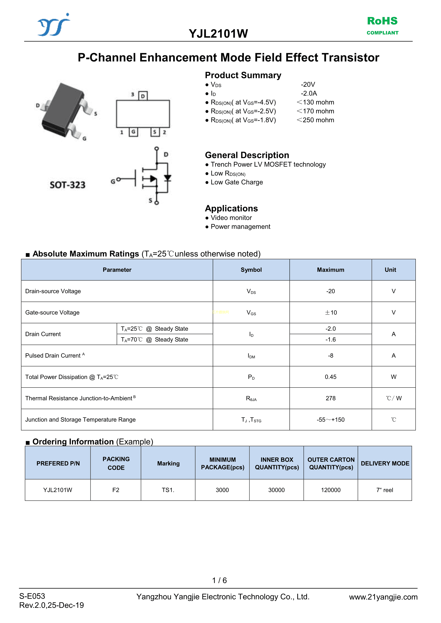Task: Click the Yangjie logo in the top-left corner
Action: pos(53,25)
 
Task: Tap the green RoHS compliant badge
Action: pos(382,25)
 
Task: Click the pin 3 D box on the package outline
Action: pos(143,96)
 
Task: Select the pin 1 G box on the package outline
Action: pos(133,132)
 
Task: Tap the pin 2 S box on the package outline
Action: pos(155,132)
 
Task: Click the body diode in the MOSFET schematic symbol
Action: pos(167,178)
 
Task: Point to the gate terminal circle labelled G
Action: pos(118,179)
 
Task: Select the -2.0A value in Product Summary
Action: pos(309,93)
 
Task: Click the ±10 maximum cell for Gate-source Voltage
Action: pos(331,312)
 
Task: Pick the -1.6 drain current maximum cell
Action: pos(331,340)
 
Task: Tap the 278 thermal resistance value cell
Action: pos(331,398)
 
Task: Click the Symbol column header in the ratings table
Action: pos(251,270)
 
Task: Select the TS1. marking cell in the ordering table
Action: pos(168,490)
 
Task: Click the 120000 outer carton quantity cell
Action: pos(331,490)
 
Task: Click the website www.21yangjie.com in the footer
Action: pos(383,597)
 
